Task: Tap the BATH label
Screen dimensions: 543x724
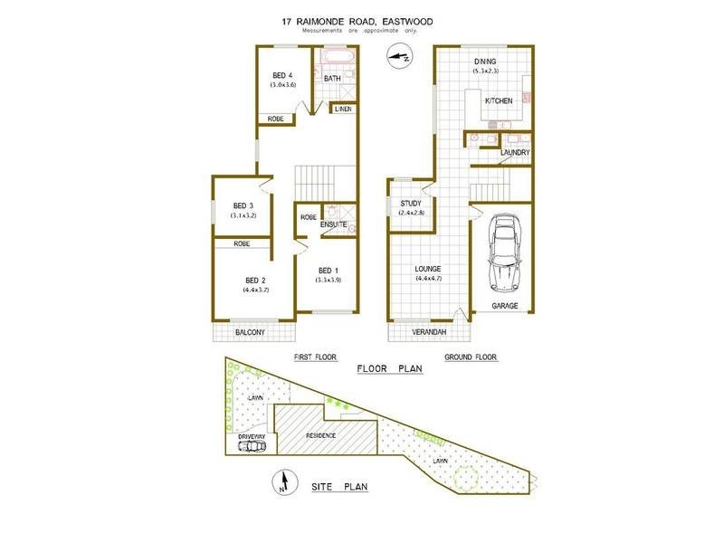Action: [333, 80]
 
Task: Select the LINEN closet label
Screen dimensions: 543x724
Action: [342, 110]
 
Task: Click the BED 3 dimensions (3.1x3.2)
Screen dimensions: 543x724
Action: [244, 216]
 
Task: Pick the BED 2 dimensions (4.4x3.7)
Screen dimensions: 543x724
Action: [256, 291]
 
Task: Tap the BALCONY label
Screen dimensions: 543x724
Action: [250, 332]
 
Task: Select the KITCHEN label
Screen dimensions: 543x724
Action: [499, 100]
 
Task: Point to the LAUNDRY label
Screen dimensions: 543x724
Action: [514, 153]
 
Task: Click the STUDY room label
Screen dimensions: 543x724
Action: [413, 203]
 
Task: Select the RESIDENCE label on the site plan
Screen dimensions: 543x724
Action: [320, 436]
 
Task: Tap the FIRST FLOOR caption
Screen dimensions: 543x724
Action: [315, 357]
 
